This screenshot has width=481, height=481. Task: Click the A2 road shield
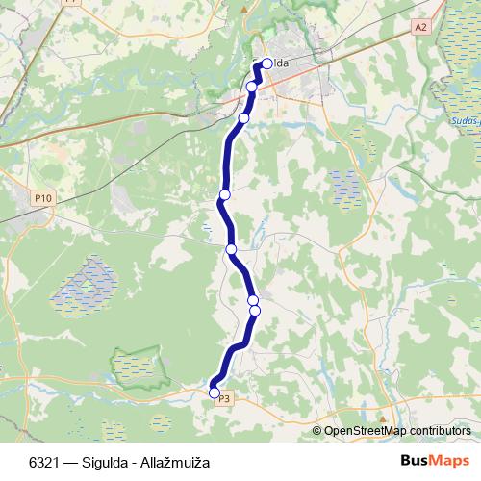pyautogui.click(x=419, y=27)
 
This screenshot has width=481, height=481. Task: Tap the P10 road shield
pyautogui.click(x=42, y=198)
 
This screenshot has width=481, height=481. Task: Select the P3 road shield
pyautogui.click(x=224, y=398)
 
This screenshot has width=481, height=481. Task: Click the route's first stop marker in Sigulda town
pyautogui.click(x=266, y=64)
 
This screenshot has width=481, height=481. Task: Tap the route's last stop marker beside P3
pyautogui.click(x=215, y=391)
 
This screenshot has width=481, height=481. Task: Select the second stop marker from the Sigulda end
pyautogui.click(x=252, y=87)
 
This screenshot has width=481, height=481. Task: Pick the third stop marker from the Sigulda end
pyautogui.click(x=243, y=118)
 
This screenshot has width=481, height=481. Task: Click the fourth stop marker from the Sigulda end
pyautogui.click(x=224, y=195)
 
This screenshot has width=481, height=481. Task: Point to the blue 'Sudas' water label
pyautogui.click(x=463, y=122)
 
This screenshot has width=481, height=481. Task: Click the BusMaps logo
pyautogui.click(x=437, y=461)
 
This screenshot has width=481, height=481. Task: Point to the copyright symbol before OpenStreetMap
pyautogui.click(x=317, y=431)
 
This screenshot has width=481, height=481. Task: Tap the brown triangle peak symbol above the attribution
pyautogui.click(x=382, y=418)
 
